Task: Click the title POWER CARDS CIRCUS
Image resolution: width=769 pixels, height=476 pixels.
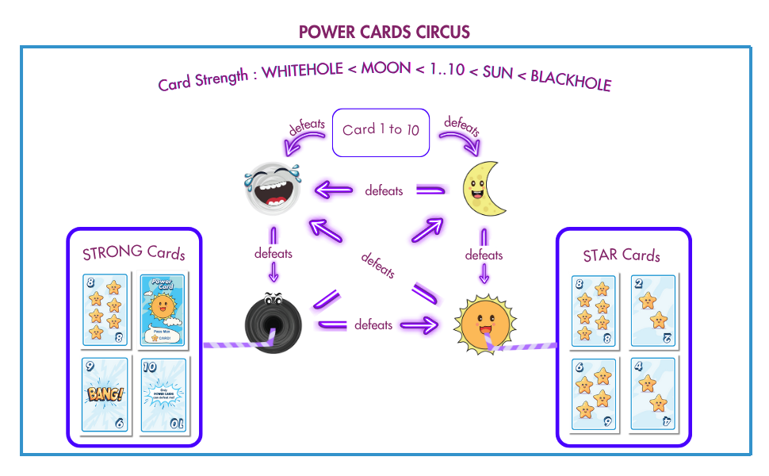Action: click(x=384, y=33)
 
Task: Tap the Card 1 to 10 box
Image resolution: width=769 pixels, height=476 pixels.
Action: click(x=381, y=132)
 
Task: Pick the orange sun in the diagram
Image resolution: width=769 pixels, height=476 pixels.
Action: click(x=483, y=324)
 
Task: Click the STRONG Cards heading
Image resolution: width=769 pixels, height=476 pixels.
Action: click(x=134, y=254)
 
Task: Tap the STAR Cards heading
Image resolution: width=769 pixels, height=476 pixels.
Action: click(x=622, y=255)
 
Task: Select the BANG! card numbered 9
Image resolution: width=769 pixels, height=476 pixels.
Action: click(x=105, y=394)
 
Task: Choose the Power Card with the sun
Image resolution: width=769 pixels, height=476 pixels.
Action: click(x=162, y=310)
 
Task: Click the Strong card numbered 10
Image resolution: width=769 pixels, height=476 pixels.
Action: click(x=163, y=394)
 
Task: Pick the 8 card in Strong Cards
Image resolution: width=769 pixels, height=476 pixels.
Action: click(x=105, y=310)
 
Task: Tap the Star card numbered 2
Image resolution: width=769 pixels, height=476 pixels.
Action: click(x=652, y=310)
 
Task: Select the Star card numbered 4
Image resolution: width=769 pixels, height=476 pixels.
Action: click(x=652, y=394)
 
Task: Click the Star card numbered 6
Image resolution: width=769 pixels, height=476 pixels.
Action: click(x=594, y=394)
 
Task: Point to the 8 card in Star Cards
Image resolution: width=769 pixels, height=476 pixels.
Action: click(x=594, y=310)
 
